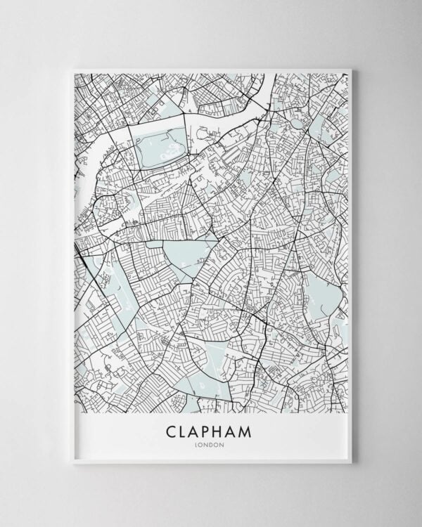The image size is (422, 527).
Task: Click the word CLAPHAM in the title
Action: click(211, 429)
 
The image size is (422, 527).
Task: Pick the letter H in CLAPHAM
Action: click(224, 429)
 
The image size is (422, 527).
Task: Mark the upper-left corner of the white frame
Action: click(74, 70)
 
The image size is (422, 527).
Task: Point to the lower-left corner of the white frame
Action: click(73, 462)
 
